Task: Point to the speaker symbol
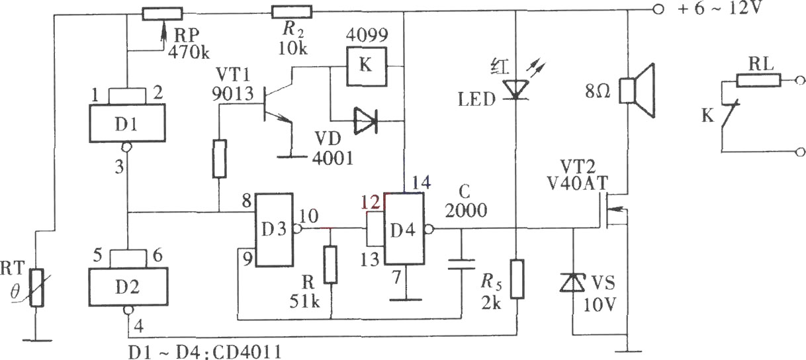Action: [637, 91]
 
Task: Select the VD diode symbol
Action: [365, 120]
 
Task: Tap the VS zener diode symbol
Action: [573, 282]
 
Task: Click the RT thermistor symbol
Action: [36, 288]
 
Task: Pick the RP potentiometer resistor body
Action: [162, 14]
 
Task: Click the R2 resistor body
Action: [291, 12]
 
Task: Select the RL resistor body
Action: [758, 80]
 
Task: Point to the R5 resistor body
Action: [517, 279]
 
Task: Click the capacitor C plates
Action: [461, 264]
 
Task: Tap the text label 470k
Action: [189, 52]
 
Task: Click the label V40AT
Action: [577, 183]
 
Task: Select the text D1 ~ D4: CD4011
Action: [205, 352]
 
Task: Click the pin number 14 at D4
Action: [421, 183]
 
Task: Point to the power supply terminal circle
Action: [658, 10]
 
